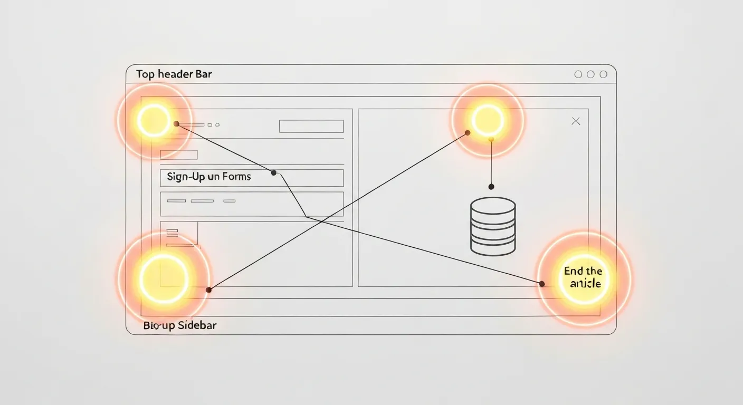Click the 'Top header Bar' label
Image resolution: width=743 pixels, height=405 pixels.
coord(174,74)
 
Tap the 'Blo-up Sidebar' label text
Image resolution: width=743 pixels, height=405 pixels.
coord(180,325)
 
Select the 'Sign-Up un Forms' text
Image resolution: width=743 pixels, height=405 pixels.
coord(209,177)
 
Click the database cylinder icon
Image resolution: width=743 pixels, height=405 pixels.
coord(493,226)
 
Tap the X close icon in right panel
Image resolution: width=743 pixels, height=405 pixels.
coord(576,121)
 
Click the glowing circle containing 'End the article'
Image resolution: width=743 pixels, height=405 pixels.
coord(584,277)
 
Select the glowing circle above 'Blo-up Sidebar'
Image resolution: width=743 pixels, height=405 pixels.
coord(164,277)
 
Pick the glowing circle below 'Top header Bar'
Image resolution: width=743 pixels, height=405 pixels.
coord(154,121)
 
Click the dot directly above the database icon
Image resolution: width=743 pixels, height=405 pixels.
coord(491,187)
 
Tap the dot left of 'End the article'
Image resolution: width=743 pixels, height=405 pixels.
coord(541,284)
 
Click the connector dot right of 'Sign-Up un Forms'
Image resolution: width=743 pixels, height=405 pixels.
coord(273,172)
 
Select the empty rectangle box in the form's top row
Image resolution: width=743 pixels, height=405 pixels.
coord(311,126)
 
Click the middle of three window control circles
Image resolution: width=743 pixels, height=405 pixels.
coord(590,74)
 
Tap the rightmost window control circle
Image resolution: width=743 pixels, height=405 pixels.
coord(603,74)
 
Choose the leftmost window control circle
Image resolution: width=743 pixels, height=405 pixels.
coord(578,74)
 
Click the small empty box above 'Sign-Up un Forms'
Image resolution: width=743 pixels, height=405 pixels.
coord(178,155)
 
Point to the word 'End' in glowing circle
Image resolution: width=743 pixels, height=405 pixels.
coord(573,271)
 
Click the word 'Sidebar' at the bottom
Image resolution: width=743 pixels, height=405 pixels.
coord(197,325)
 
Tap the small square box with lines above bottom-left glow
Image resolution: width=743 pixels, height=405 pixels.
coord(179,233)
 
